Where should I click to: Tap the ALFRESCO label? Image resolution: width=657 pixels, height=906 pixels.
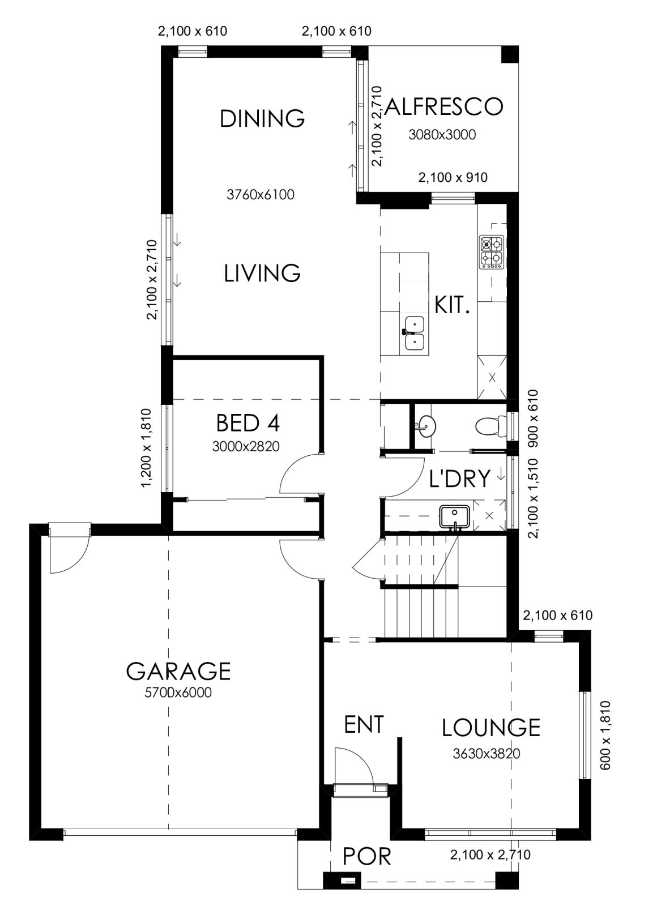point(444,107)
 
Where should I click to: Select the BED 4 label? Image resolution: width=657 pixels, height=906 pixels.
point(248,423)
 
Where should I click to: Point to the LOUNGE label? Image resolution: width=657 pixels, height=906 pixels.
point(491,728)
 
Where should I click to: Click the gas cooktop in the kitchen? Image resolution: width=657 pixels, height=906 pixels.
point(492,253)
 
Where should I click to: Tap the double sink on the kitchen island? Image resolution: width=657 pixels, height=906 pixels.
point(414,334)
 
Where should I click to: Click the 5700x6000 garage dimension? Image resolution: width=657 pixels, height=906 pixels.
point(178,693)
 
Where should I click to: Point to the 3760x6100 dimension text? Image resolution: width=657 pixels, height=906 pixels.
point(261,195)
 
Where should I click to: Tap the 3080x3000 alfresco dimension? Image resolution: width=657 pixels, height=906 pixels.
point(442,135)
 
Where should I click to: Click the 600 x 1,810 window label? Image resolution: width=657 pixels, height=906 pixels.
point(604,741)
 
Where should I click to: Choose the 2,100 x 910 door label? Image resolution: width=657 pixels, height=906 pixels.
point(453,178)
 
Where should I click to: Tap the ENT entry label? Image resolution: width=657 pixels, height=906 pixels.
point(364,724)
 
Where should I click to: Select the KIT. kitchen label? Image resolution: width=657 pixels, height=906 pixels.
point(452,305)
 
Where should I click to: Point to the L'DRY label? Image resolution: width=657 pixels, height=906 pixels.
point(459,478)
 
